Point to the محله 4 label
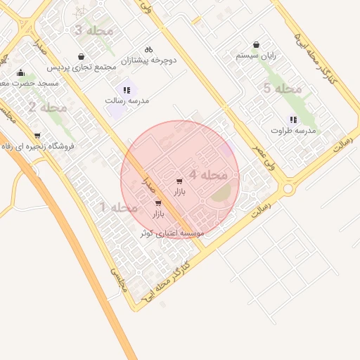(208, 174)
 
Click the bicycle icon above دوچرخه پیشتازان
(148, 49)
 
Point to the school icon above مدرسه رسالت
(127, 90)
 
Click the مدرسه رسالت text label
(127, 101)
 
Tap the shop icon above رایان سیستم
(256, 44)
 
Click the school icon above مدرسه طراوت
(293, 120)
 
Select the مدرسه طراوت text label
(293, 131)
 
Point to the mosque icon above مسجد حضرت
(20, 72)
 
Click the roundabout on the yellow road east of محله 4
(288, 189)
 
